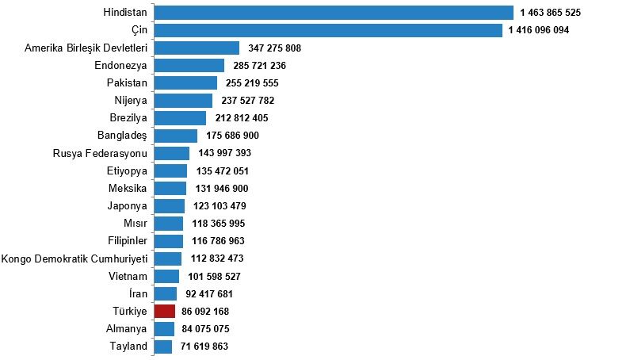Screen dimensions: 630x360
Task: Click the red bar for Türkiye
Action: click(165, 312)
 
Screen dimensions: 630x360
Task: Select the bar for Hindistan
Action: click(334, 13)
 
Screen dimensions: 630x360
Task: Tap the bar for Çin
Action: click(328, 30)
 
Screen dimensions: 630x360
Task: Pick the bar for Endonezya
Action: click(189, 65)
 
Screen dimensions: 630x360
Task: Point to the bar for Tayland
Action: click(163, 347)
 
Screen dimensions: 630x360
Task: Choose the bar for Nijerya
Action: click(183, 100)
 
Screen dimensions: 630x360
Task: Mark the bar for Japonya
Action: click(170, 206)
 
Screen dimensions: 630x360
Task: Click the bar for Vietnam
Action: click(166, 276)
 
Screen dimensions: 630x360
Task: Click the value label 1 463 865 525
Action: click(551, 13)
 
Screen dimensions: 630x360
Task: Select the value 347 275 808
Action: click(274, 48)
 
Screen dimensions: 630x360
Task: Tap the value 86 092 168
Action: click(205, 312)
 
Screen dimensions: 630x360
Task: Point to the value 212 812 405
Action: click(242, 118)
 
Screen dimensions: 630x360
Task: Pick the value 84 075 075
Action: click(205, 329)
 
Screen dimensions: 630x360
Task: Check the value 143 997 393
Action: click(224, 153)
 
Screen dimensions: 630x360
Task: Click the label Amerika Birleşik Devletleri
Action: click(86, 48)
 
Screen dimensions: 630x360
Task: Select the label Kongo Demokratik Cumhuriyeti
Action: click(74, 259)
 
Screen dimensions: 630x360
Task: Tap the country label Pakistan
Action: click(127, 82)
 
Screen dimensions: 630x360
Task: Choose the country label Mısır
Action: click(136, 224)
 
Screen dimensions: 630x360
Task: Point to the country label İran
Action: click(138, 293)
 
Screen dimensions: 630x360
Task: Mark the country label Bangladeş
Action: click(122, 136)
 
